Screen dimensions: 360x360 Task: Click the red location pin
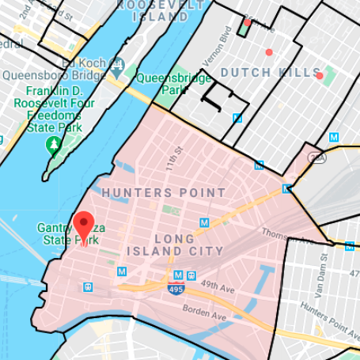coord(83,225)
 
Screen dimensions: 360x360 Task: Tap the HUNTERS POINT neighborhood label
coord(163,192)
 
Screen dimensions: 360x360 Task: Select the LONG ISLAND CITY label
coord(188,244)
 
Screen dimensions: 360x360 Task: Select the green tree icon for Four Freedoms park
coord(53,144)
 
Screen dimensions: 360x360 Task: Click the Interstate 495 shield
coord(174,292)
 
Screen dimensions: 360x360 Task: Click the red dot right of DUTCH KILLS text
coord(320,76)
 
